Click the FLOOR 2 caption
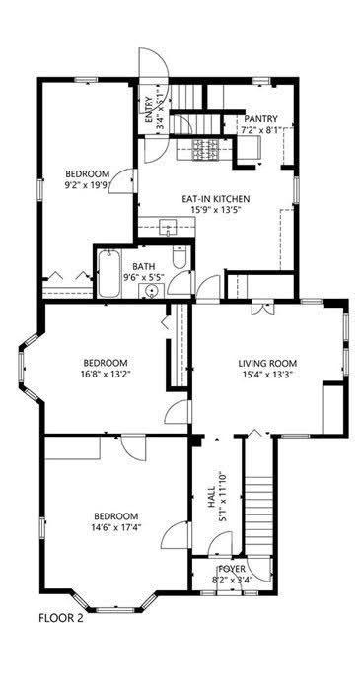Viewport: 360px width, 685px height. point(61,618)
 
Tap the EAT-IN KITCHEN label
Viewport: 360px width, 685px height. point(216,199)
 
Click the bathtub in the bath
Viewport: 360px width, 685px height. point(109,273)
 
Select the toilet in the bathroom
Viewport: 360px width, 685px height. point(180,257)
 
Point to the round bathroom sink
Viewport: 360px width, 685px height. point(151,291)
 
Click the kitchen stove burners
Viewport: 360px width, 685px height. point(205,150)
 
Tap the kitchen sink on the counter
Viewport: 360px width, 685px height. point(167,227)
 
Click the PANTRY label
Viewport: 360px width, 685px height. point(260,119)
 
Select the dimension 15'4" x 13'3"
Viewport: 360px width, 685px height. point(267,374)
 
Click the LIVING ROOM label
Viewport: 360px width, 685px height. point(267,363)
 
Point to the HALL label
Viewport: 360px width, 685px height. point(211,497)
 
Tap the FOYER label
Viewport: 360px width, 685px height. point(232,570)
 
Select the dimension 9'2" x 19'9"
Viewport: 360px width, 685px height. point(86,184)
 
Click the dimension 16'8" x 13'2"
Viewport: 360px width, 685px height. point(106,374)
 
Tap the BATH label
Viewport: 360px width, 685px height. point(144,266)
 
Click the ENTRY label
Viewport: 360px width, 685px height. point(148,109)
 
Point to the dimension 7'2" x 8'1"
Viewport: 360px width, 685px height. point(260,130)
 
